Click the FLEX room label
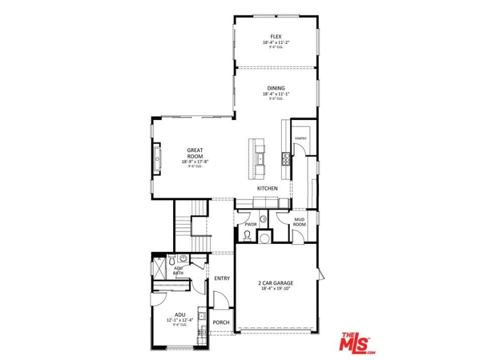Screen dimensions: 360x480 276,36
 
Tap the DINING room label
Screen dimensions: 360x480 276,88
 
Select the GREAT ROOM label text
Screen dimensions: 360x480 195,153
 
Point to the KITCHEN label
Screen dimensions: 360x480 267,188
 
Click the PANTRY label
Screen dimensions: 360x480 301,138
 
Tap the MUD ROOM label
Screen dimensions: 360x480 299,222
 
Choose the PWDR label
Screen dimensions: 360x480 250,225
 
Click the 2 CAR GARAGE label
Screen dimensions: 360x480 276,282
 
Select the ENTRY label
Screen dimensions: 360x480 222,278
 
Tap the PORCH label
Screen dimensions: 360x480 221,322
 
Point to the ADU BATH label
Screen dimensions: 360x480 178,271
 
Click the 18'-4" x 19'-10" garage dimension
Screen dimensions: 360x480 276,289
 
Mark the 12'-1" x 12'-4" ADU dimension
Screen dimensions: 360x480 180,320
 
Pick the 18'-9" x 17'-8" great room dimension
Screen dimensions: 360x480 195,162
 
